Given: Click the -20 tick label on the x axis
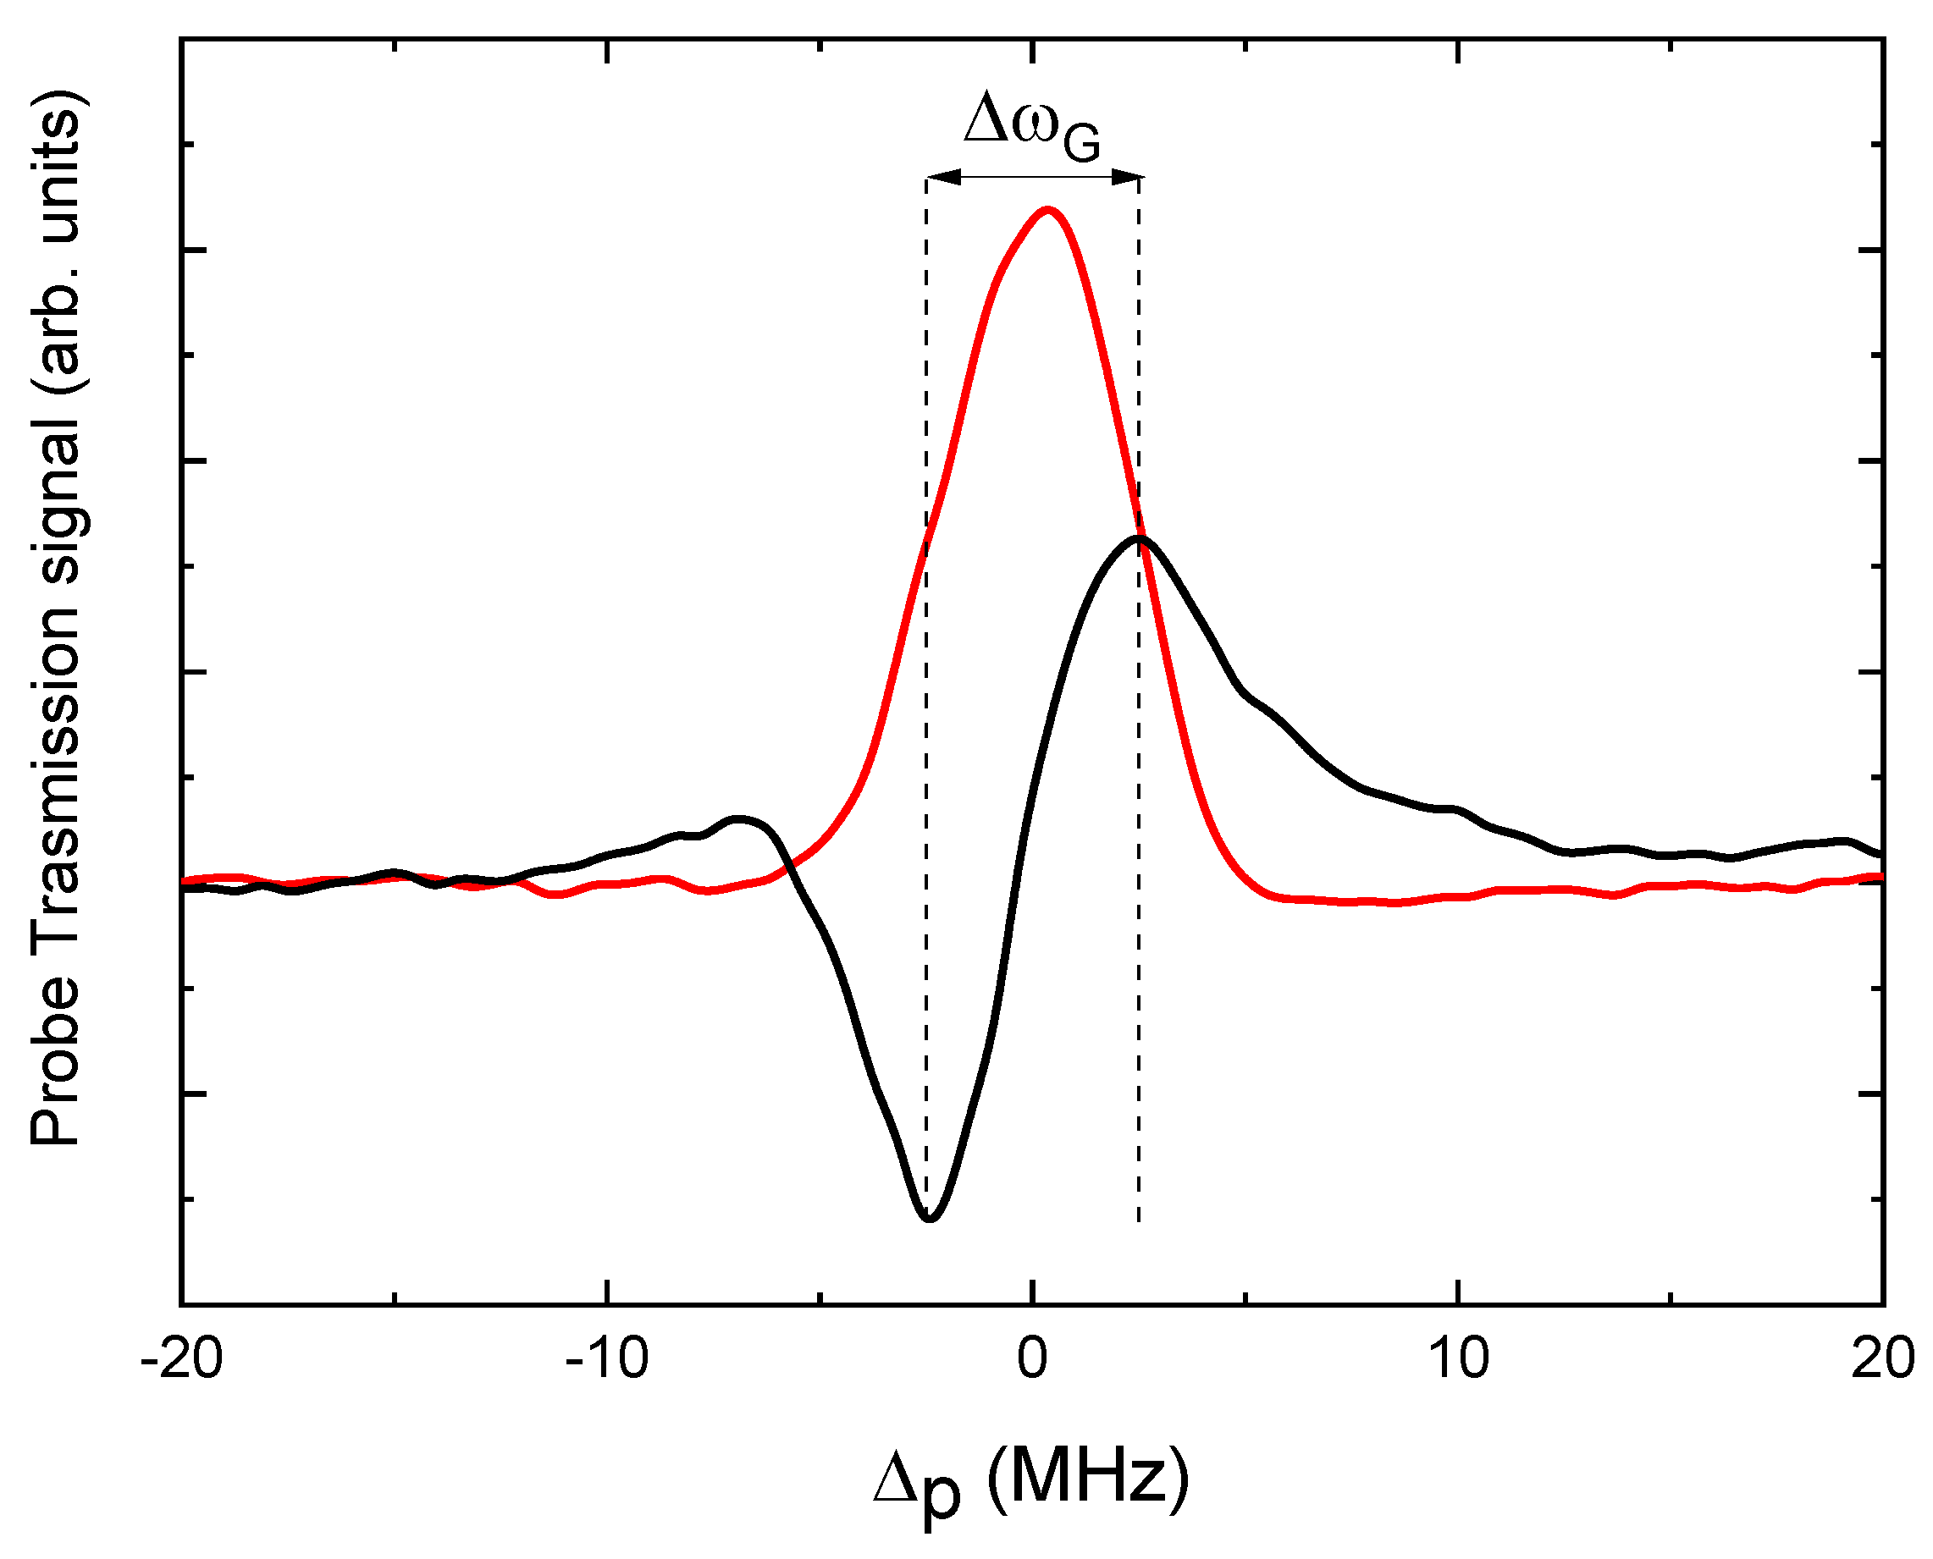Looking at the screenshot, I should click(x=181, y=1358).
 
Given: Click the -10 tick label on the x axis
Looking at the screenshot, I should click(x=606, y=1358).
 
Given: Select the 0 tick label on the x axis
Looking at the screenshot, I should click(x=1032, y=1358).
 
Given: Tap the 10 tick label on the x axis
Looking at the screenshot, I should click(x=1458, y=1358).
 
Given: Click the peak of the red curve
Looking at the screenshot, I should click(x=1047, y=210).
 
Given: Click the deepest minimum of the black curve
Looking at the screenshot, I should click(x=930, y=1219).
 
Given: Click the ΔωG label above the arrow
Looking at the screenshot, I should click(x=1031, y=126).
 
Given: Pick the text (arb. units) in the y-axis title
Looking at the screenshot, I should click(x=56, y=242).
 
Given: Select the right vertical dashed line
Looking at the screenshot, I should click(x=1139, y=898).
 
